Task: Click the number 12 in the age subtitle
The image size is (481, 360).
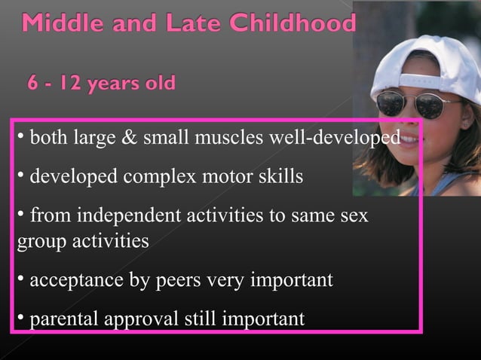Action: coord(73,81)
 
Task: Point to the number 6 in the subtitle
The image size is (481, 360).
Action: coord(34,81)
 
